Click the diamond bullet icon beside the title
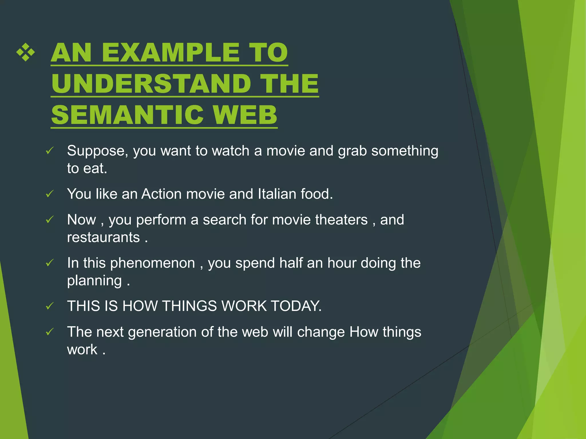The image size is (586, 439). [26, 52]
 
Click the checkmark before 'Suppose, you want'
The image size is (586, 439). [50, 151]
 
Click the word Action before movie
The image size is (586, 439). [161, 194]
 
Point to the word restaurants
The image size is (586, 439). [103, 238]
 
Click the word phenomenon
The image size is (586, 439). [153, 263]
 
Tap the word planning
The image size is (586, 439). [94, 281]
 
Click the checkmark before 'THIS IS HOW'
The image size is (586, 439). [50, 306]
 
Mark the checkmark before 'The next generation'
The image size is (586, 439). [50, 332]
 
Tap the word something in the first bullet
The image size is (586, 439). [405, 151]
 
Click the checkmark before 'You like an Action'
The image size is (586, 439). [50, 194]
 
